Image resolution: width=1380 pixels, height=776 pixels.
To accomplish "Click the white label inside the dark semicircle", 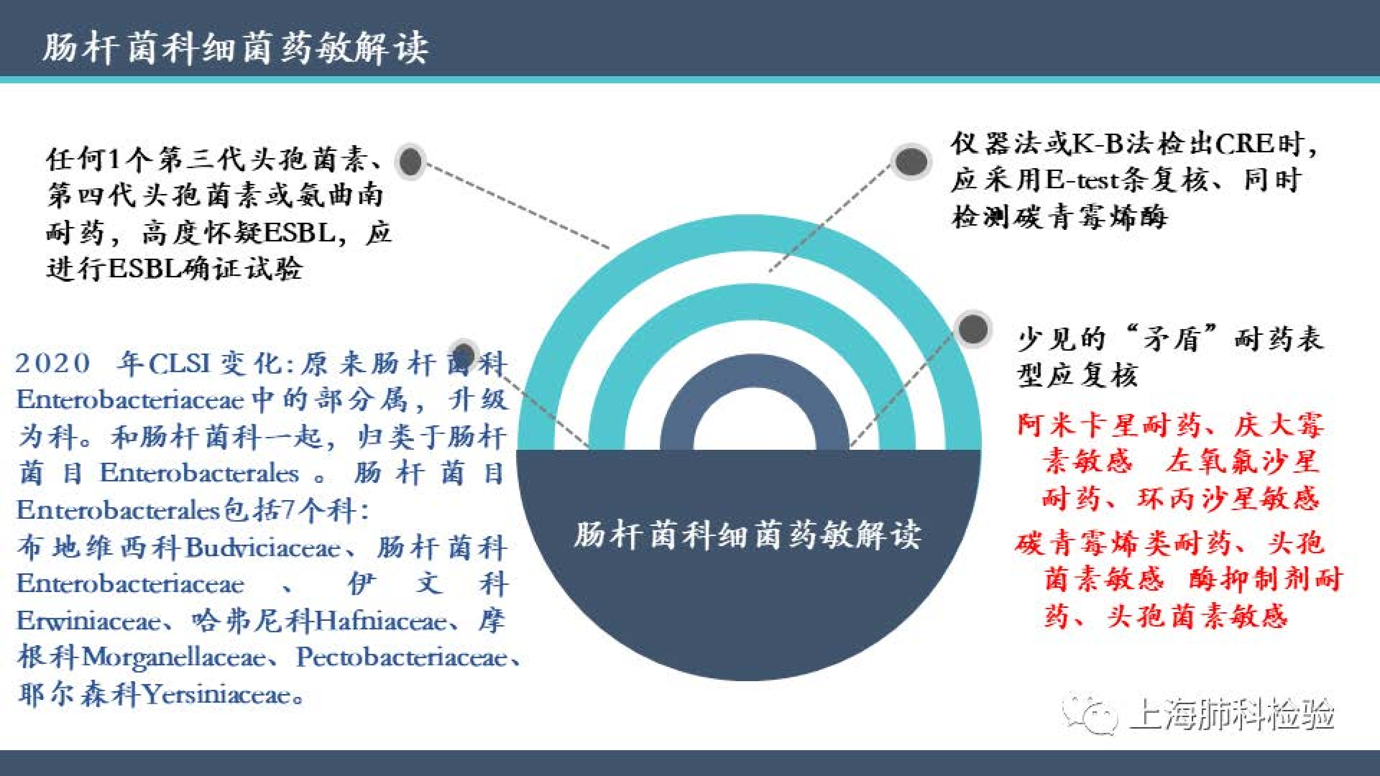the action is [x=747, y=535].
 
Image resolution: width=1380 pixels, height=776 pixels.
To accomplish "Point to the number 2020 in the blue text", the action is [x=52, y=364].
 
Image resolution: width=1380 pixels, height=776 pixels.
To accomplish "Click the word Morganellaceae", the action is [x=174, y=658].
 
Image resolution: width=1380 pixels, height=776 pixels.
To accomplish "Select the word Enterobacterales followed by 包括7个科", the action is [x=118, y=511].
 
